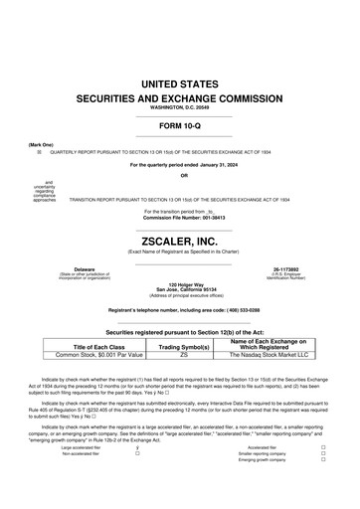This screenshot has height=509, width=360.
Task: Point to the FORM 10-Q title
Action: coord(180,126)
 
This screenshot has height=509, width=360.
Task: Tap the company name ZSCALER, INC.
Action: coord(180,241)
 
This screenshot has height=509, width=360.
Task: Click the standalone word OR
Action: coord(180,175)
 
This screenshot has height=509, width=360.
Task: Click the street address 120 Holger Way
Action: coord(180,284)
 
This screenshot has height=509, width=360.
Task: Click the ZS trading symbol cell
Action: coord(184,354)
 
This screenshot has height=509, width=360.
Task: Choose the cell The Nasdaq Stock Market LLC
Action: coord(270,354)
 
